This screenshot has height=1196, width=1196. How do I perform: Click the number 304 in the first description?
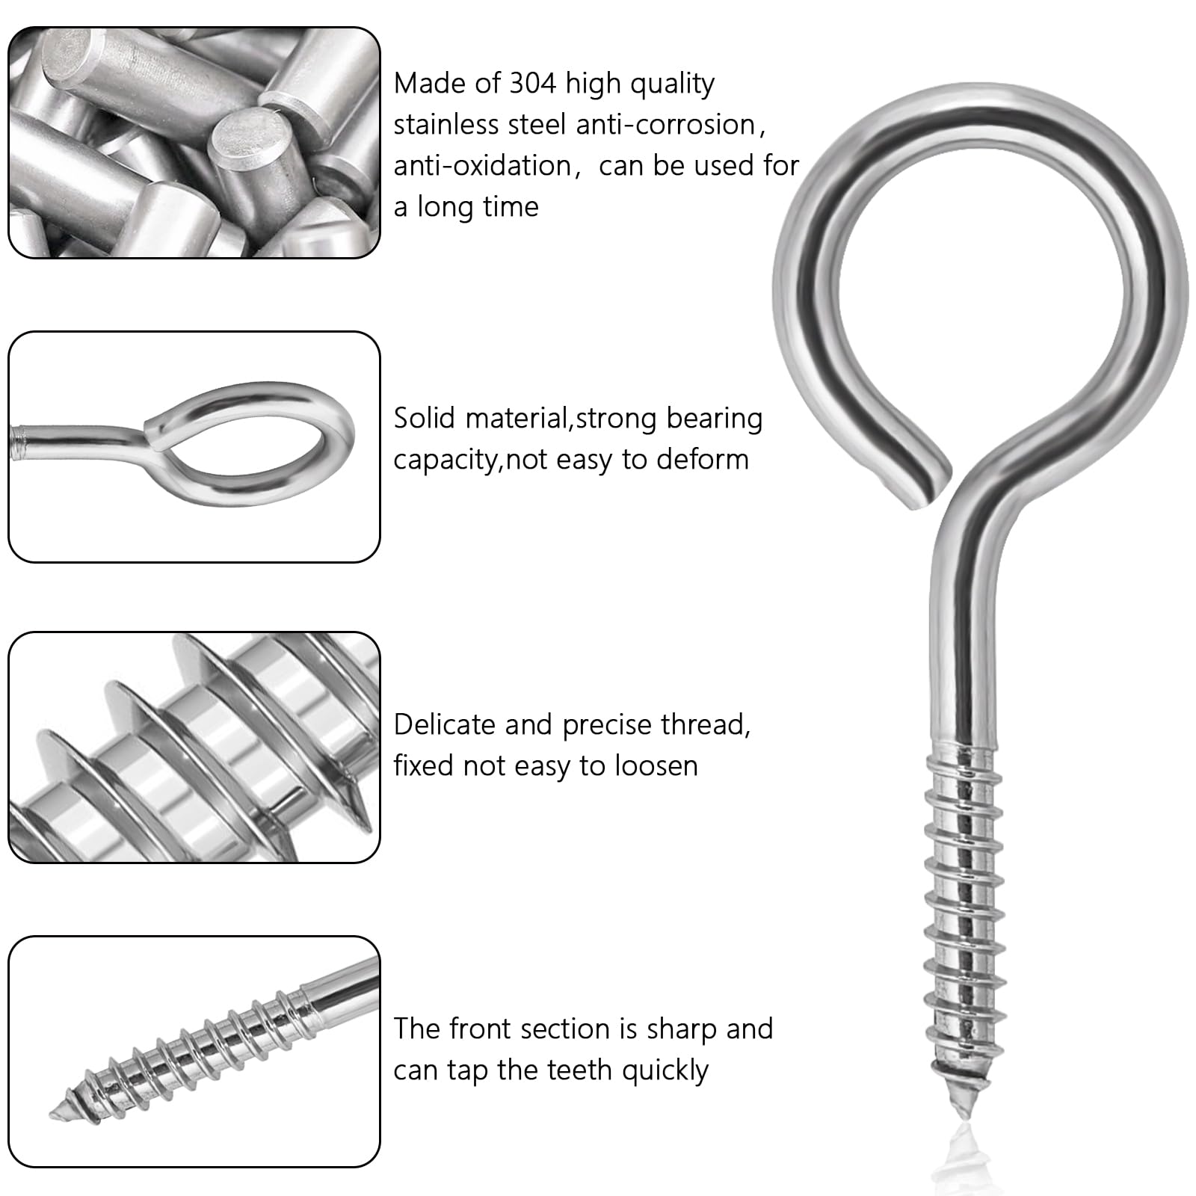(x=533, y=83)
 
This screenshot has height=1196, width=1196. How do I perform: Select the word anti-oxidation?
(x=483, y=165)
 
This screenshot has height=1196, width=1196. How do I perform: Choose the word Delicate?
(x=445, y=724)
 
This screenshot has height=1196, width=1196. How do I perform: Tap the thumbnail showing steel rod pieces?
(x=194, y=143)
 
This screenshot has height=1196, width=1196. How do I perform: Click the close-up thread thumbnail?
(x=194, y=747)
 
